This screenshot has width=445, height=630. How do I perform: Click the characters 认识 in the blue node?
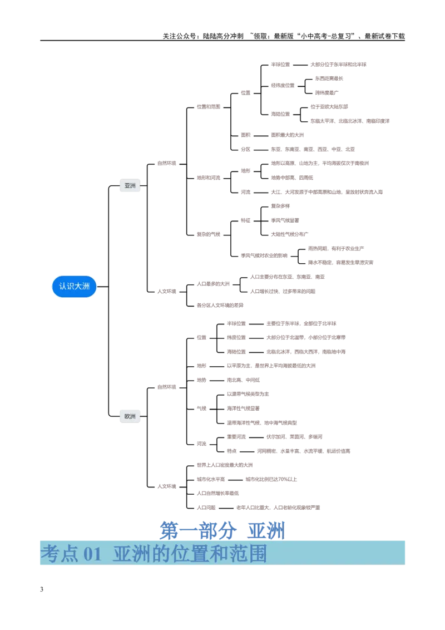(66, 286)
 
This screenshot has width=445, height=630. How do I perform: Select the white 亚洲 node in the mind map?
(130, 186)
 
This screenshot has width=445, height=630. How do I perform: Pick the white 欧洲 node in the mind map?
(130, 416)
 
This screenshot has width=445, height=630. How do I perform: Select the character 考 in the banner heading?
(50, 554)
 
